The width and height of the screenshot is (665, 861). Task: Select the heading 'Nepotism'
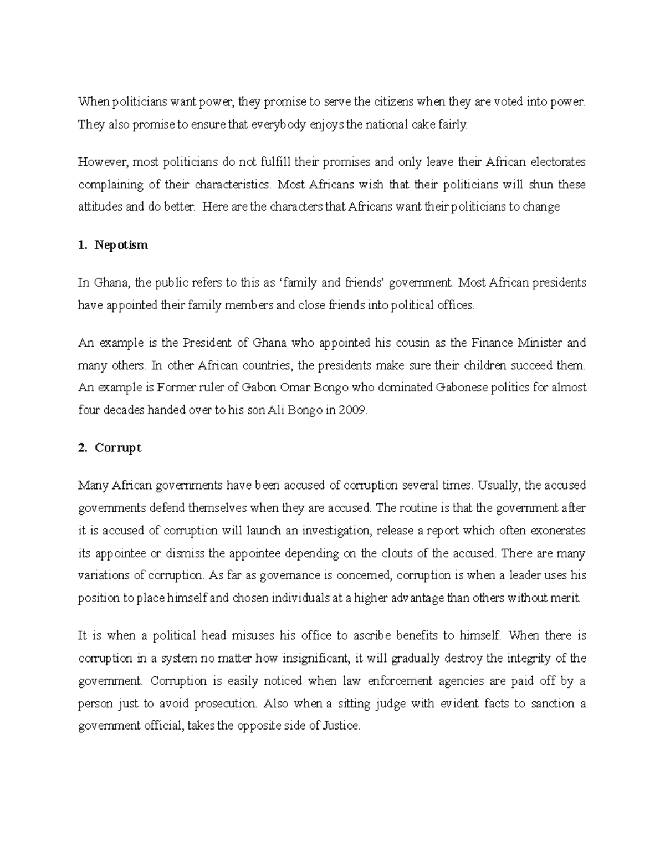(x=121, y=245)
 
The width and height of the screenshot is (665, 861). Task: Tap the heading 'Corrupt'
(x=118, y=448)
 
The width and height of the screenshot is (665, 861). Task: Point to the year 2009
(x=354, y=411)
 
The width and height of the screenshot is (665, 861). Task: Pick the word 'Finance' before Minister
(x=492, y=343)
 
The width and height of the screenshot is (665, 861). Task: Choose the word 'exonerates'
(x=558, y=531)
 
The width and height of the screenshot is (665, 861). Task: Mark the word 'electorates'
(x=558, y=162)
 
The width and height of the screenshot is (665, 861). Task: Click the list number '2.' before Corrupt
(x=83, y=448)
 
